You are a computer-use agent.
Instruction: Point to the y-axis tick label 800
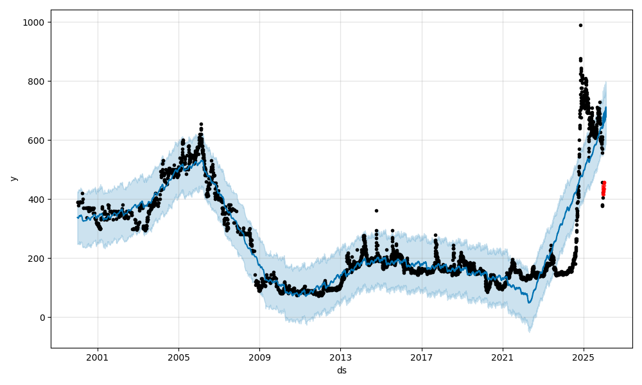[x=37, y=81]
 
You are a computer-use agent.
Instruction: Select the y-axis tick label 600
[x=37, y=141]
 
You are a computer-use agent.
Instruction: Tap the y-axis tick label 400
[x=37, y=200]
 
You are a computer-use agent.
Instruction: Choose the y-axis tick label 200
[x=37, y=259]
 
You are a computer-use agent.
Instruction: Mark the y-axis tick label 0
[x=42, y=318]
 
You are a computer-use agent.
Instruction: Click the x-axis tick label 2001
[x=98, y=357]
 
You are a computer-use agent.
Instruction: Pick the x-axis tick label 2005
[x=178, y=357]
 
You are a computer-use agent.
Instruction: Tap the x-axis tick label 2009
[x=259, y=357]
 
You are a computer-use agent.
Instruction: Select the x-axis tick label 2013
[x=341, y=357]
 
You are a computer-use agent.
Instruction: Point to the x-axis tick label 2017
[x=422, y=357]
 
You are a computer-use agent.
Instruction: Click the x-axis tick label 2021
[x=503, y=357]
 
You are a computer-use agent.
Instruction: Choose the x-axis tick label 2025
[x=584, y=357]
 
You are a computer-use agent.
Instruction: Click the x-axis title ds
[x=342, y=370]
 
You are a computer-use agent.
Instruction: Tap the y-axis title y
[x=12, y=178]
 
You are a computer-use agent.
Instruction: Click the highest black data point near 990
[x=580, y=25]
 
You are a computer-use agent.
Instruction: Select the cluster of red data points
[x=603, y=188]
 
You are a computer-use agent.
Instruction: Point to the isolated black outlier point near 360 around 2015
[x=376, y=210]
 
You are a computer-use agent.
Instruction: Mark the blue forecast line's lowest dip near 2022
[x=530, y=302]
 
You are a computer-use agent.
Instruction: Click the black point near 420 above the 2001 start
[x=82, y=193]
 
